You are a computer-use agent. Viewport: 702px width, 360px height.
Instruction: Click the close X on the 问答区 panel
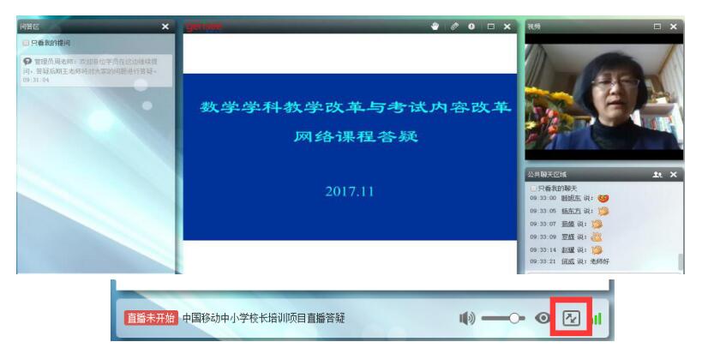click(165, 27)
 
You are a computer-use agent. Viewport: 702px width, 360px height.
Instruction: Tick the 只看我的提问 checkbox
click(27, 42)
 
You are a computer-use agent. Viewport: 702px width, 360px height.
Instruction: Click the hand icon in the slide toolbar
click(435, 27)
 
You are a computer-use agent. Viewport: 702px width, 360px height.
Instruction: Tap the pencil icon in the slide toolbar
click(454, 27)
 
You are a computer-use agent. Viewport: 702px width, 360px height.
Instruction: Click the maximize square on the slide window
click(491, 27)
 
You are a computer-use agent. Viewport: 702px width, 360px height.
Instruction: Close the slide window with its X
click(507, 27)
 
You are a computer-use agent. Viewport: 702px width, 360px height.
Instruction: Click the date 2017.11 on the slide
click(349, 192)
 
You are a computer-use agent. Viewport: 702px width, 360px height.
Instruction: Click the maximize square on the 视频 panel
click(657, 27)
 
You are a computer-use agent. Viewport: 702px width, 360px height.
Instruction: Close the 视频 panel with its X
click(674, 27)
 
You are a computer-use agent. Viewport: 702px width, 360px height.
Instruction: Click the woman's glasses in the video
click(615, 82)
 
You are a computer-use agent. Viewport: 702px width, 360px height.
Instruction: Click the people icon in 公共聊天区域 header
click(657, 175)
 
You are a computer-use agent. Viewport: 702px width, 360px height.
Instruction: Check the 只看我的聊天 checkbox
click(533, 188)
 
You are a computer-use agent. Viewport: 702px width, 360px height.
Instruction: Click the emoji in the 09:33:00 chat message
click(603, 198)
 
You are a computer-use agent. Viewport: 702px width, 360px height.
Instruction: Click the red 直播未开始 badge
click(151, 318)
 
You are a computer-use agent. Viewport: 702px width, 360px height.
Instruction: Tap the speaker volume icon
click(466, 318)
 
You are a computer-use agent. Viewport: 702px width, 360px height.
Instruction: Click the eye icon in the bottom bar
click(543, 318)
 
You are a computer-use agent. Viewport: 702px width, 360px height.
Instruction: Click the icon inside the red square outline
click(571, 318)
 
